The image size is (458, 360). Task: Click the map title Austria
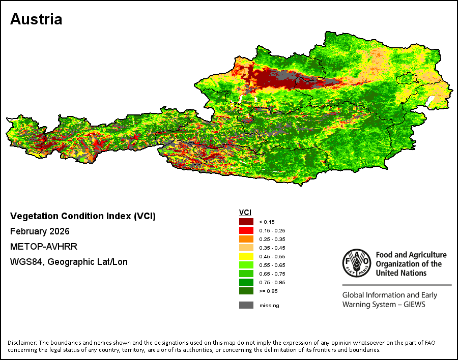coord(36,19)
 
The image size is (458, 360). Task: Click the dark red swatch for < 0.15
coord(246,222)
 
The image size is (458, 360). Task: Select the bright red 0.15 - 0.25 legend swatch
coord(246,230)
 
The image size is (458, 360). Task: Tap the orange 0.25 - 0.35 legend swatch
coord(246,239)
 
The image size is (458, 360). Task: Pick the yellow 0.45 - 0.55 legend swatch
coord(246,256)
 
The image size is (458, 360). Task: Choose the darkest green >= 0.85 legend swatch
coord(246,291)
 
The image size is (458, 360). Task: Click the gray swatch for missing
coord(246,305)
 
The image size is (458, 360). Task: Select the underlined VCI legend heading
coord(245,212)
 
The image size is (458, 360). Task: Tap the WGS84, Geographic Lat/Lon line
coord(69,262)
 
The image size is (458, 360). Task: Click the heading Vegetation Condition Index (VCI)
coord(83,216)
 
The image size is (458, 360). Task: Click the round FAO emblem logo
coord(356,263)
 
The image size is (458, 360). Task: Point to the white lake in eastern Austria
coord(432,101)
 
